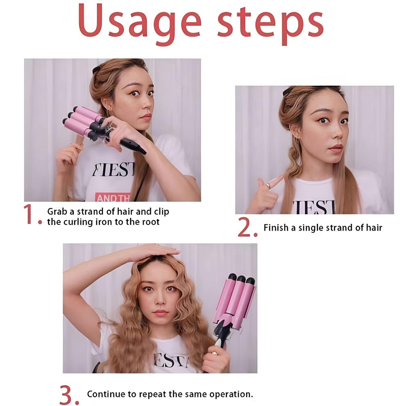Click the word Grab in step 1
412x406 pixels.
click(57, 212)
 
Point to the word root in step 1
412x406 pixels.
click(150, 222)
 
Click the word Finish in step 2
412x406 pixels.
click(276, 228)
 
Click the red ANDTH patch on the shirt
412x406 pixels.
click(113, 197)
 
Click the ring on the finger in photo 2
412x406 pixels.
click(268, 185)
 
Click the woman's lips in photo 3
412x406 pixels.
click(160, 313)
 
